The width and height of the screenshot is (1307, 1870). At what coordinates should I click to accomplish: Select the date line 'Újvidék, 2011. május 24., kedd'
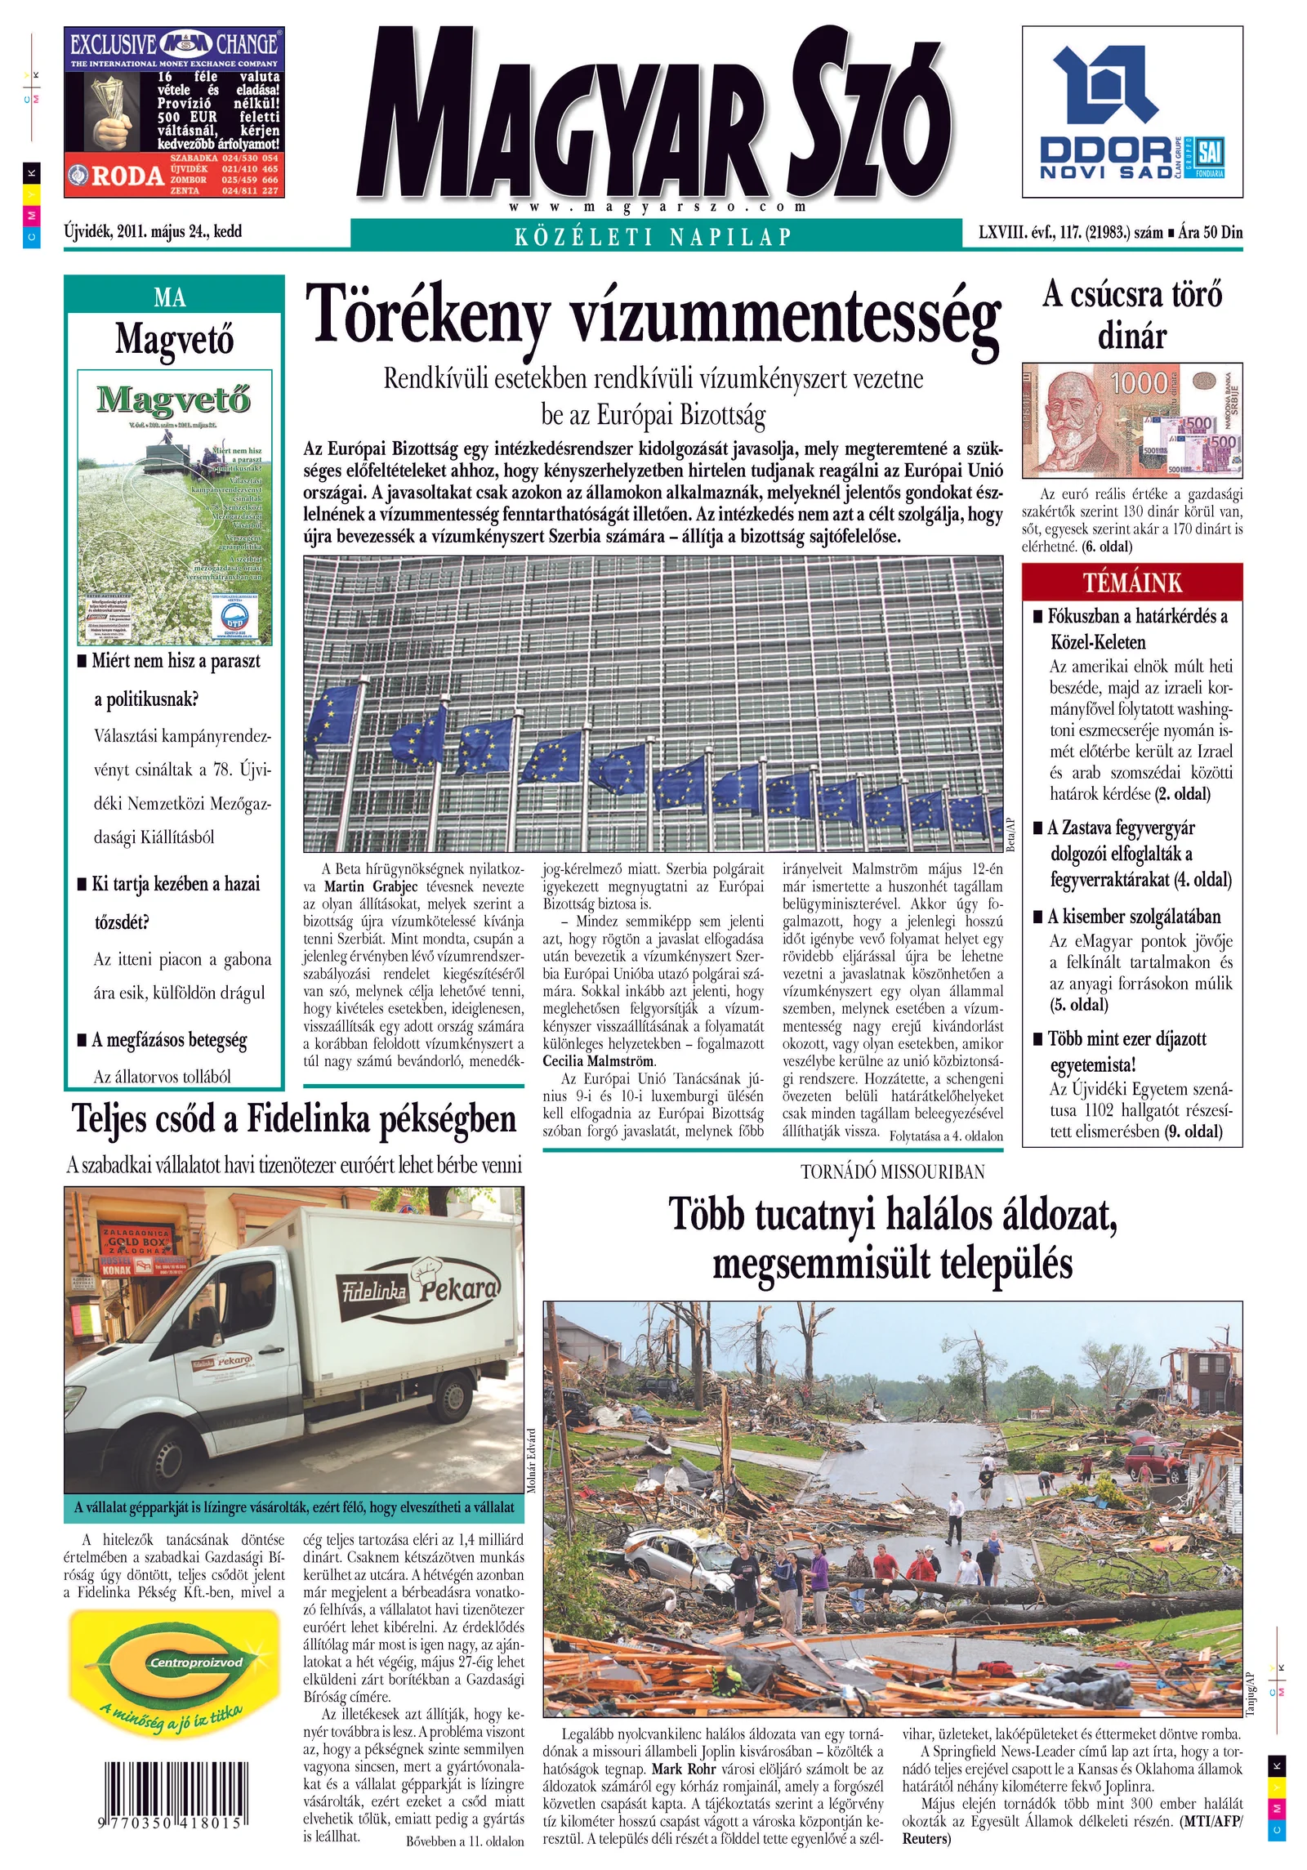pos(153,231)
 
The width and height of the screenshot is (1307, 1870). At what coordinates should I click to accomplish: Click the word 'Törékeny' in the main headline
pos(427,315)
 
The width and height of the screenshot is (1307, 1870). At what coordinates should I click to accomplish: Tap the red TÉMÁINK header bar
pos(1131,582)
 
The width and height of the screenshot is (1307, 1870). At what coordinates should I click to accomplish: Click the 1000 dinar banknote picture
pos(1131,420)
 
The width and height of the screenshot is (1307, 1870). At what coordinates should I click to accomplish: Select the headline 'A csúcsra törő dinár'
pos(1131,315)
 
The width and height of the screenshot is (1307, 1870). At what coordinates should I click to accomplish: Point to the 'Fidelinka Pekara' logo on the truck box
pos(417,1292)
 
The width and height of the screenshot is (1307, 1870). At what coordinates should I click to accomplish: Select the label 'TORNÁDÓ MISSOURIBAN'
pos(892,1172)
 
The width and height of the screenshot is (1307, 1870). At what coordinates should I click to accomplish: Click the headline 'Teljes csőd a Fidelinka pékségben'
pos(294,1120)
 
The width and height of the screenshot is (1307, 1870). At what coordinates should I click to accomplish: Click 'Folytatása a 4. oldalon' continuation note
pos(946,1136)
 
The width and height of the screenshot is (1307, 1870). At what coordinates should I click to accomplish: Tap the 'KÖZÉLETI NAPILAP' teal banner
pos(653,237)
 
